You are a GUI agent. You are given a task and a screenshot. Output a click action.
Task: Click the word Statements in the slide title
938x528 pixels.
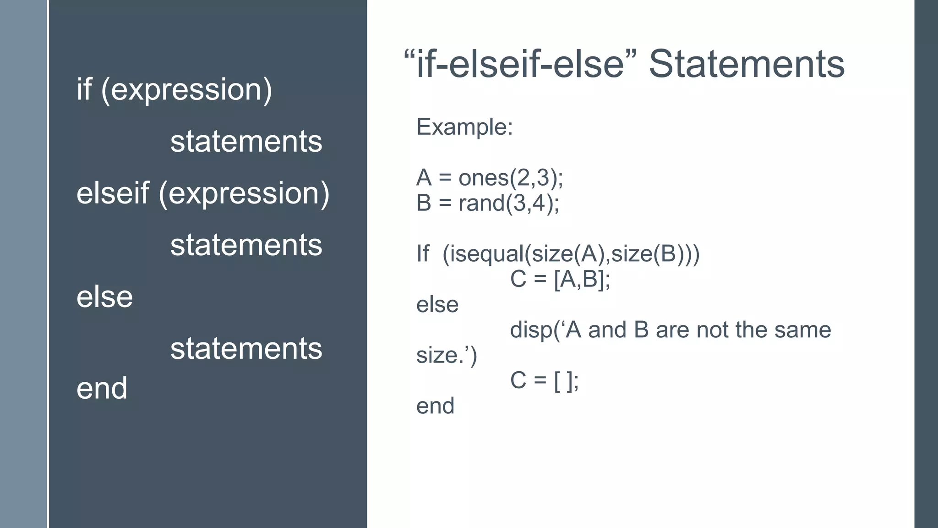coord(747,64)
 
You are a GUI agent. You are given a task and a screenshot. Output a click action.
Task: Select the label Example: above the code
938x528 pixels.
coord(464,127)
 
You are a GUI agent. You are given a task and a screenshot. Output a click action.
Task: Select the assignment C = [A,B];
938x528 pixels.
coord(560,279)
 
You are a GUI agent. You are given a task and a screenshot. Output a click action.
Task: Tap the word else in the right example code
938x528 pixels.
coord(437,305)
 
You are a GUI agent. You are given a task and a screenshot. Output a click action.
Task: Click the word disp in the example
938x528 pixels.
coord(531,330)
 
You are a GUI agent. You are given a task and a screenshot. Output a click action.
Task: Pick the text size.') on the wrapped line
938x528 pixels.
coord(447,356)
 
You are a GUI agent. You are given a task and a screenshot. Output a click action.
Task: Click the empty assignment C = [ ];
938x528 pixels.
coord(545,381)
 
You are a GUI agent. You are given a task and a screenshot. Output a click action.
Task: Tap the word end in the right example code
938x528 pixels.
coord(435,406)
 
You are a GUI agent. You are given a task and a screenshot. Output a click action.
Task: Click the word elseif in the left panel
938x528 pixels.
coord(113,193)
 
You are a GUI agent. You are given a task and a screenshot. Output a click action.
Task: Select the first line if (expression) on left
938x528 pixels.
coord(174,89)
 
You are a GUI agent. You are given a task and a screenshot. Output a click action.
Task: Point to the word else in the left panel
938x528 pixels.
coord(104,297)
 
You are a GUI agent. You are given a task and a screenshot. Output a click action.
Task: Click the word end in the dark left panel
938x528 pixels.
coord(102,388)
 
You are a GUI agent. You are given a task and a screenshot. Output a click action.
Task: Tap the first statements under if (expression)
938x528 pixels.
coord(246,141)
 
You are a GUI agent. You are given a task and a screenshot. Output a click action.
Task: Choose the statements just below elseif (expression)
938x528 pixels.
coord(246,245)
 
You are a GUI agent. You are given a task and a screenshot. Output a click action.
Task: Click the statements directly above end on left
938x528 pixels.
coord(246,348)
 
